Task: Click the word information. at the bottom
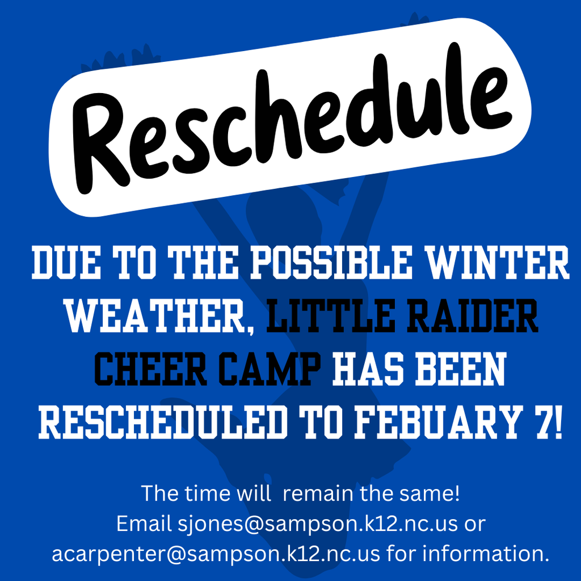487,553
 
